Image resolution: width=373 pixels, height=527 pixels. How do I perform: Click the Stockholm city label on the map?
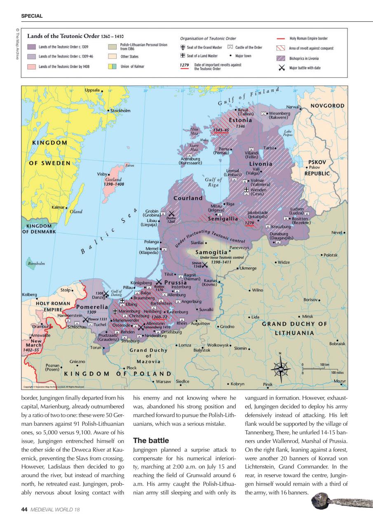(120, 111)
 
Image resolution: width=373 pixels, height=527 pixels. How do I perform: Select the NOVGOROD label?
(327, 106)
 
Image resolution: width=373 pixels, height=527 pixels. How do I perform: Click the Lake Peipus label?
(288, 133)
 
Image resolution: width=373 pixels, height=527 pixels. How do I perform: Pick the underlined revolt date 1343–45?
(221, 130)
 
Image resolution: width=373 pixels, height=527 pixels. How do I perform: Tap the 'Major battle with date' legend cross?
(282, 68)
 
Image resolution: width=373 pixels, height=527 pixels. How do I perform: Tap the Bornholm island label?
(36, 263)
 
